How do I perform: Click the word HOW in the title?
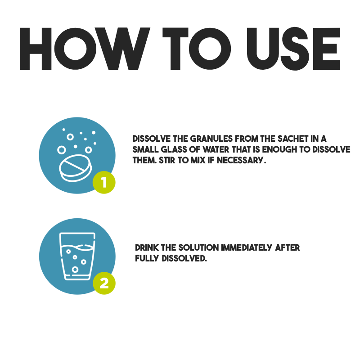(x=85, y=49)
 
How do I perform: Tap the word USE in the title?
(x=293, y=49)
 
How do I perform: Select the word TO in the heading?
(x=197, y=49)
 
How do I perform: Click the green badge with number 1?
(x=104, y=182)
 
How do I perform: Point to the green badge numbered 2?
(x=104, y=283)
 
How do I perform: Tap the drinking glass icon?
(x=77, y=256)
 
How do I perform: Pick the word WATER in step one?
(x=216, y=149)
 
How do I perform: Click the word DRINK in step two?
(x=147, y=247)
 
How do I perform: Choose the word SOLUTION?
(x=198, y=247)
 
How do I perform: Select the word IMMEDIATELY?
(x=246, y=247)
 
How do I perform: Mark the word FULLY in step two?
(x=147, y=258)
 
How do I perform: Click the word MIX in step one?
(x=198, y=160)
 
